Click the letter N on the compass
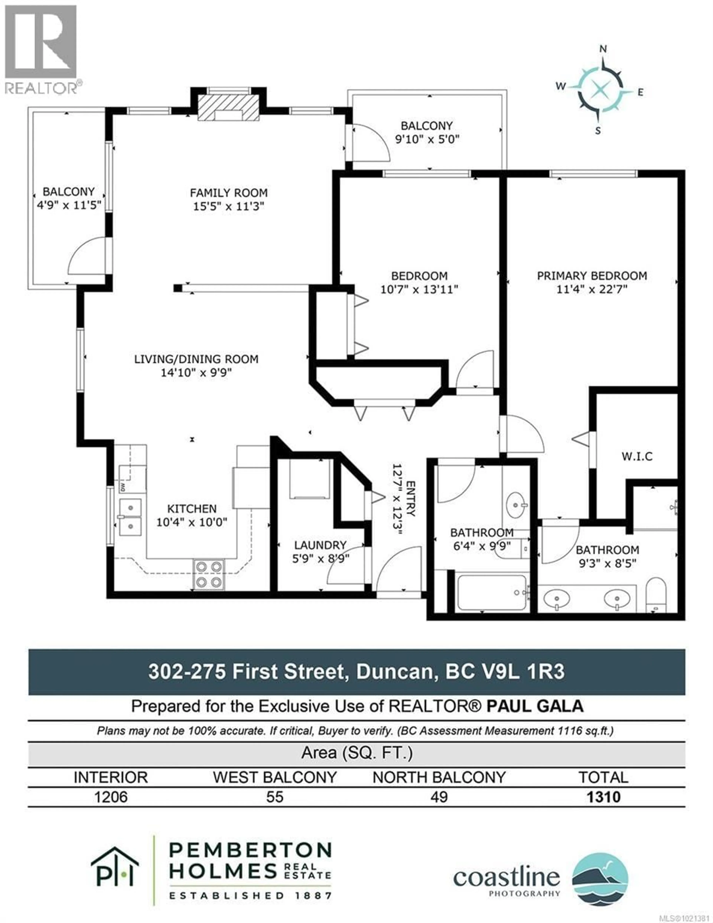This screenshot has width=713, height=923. [x=603, y=49]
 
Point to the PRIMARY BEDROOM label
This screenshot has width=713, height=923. [x=592, y=276]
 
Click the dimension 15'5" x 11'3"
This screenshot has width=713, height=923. [x=229, y=207]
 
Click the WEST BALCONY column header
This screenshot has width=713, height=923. [x=275, y=777]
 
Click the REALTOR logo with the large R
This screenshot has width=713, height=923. [x=41, y=42]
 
